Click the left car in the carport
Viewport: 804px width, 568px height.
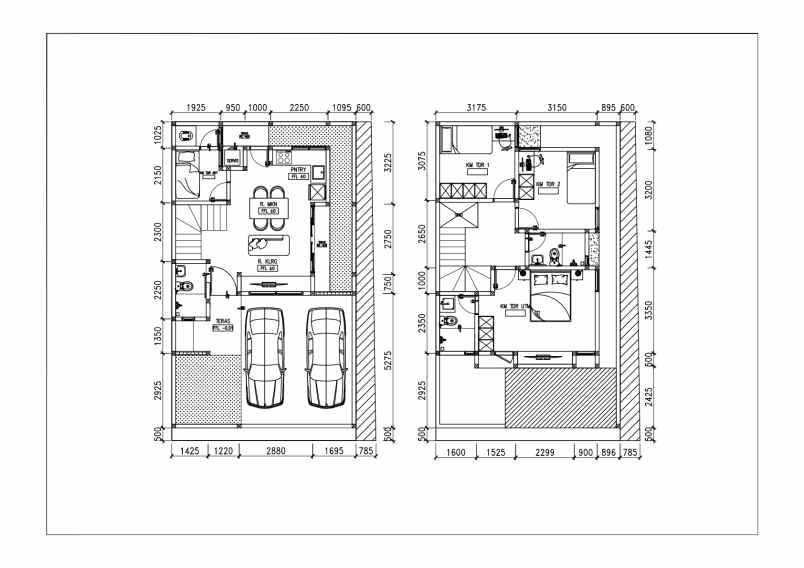265,357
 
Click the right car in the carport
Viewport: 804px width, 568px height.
326,357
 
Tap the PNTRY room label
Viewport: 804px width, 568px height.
298,171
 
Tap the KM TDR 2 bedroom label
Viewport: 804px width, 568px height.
547,185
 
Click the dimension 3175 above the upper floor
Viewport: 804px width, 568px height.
476,108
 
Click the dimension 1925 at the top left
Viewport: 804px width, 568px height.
195,108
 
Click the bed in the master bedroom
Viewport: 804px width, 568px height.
550,296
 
